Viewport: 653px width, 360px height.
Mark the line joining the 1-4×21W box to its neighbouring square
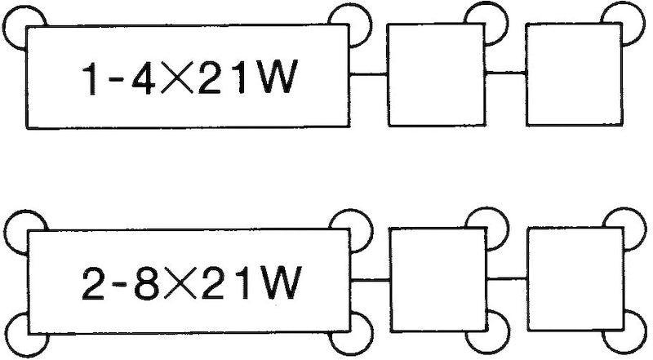[368, 75]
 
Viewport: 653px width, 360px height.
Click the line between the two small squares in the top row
[505, 75]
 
